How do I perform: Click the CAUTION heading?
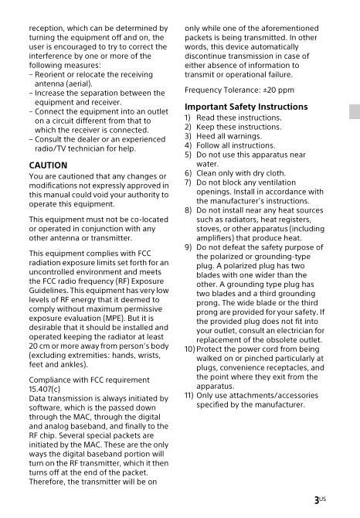pos(46,165)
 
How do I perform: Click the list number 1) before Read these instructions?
pos(188,118)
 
